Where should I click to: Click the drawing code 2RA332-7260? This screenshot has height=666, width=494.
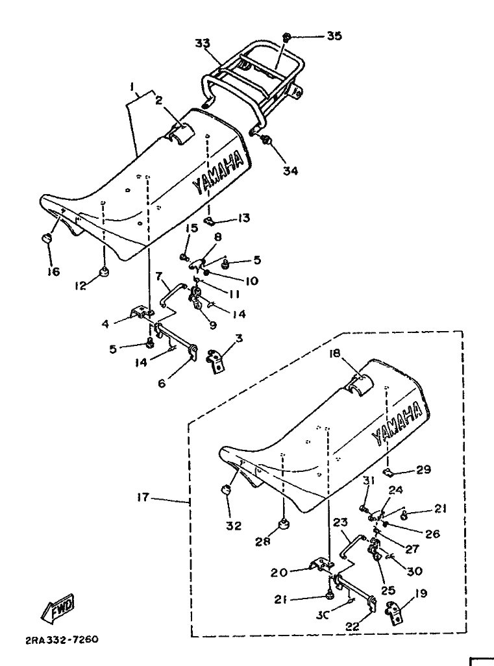click(x=62, y=639)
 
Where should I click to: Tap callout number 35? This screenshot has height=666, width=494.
click(x=334, y=36)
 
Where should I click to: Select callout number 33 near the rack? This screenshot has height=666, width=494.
click(x=203, y=43)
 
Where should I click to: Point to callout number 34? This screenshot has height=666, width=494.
click(x=290, y=171)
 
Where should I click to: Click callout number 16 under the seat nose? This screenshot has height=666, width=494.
click(x=53, y=271)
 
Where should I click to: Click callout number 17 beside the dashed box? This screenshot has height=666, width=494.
click(x=143, y=498)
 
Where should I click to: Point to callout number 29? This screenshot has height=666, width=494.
click(x=423, y=469)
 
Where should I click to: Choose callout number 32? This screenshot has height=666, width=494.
click(x=232, y=526)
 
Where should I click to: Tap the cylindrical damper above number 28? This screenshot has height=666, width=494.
click(x=282, y=523)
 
